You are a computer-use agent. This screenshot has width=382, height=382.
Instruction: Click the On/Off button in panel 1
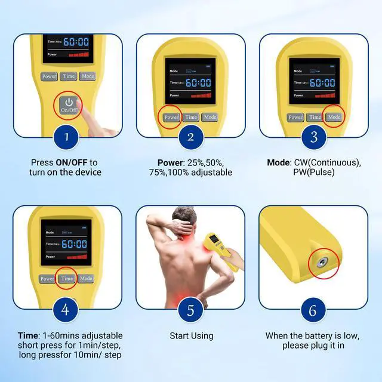(x=69, y=104)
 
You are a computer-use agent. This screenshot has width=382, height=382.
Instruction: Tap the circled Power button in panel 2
(x=171, y=118)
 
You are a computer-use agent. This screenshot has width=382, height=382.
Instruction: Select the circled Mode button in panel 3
(x=334, y=117)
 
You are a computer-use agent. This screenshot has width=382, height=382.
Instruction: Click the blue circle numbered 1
(x=67, y=137)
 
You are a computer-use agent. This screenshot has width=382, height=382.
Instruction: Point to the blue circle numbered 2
(x=191, y=137)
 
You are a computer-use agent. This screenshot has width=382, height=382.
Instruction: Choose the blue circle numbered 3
(x=314, y=137)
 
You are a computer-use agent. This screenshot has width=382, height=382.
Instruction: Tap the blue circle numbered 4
(x=67, y=310)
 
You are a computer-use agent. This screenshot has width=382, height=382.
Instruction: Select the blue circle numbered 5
(x=191, y=310)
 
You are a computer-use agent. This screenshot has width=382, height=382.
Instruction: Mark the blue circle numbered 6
(x=314, y=310)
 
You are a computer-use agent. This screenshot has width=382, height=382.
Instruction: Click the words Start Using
(x=191, y=336)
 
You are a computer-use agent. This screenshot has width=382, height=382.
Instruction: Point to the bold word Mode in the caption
(x=278, y=162)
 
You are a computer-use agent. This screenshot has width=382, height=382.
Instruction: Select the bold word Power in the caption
(x=170, y=162)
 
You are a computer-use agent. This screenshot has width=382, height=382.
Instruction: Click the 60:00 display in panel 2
(x=198, y=83)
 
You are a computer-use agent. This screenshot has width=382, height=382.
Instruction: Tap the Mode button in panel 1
(x=88, y=76)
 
